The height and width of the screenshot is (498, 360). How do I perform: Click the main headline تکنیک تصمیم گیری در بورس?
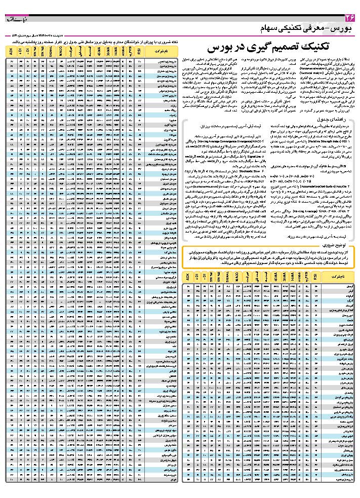[x=269, y=48]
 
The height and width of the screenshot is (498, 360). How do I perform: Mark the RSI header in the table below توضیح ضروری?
[x=315, y=278]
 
